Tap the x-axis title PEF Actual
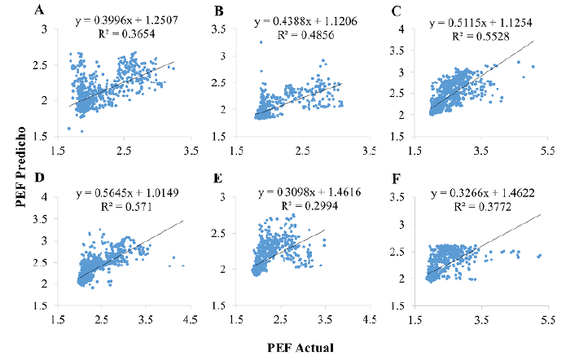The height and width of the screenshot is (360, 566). (301, 346)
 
